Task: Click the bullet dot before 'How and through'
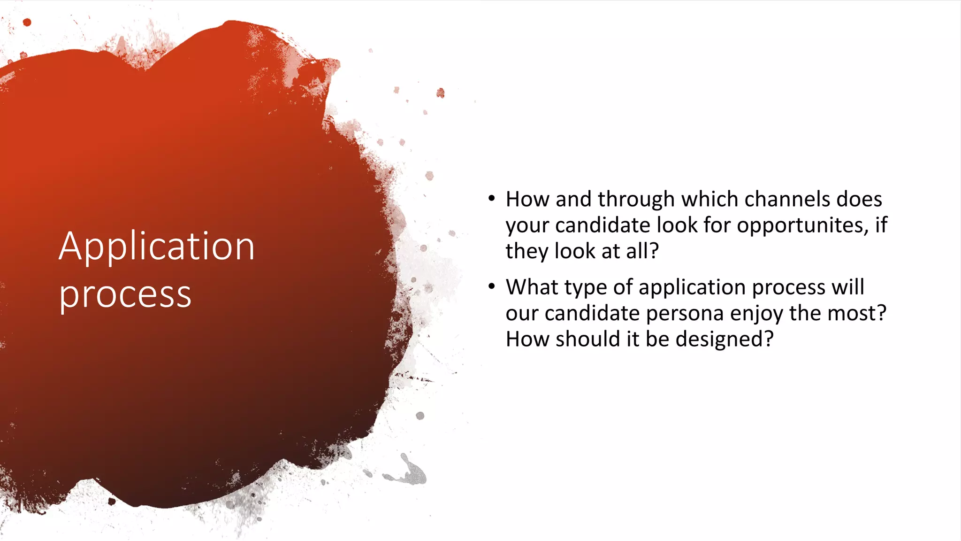click(491, 199)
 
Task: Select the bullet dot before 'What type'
click(491, 286)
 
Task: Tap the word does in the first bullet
click(860, 199)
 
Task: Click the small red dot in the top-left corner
click(27, 22)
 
